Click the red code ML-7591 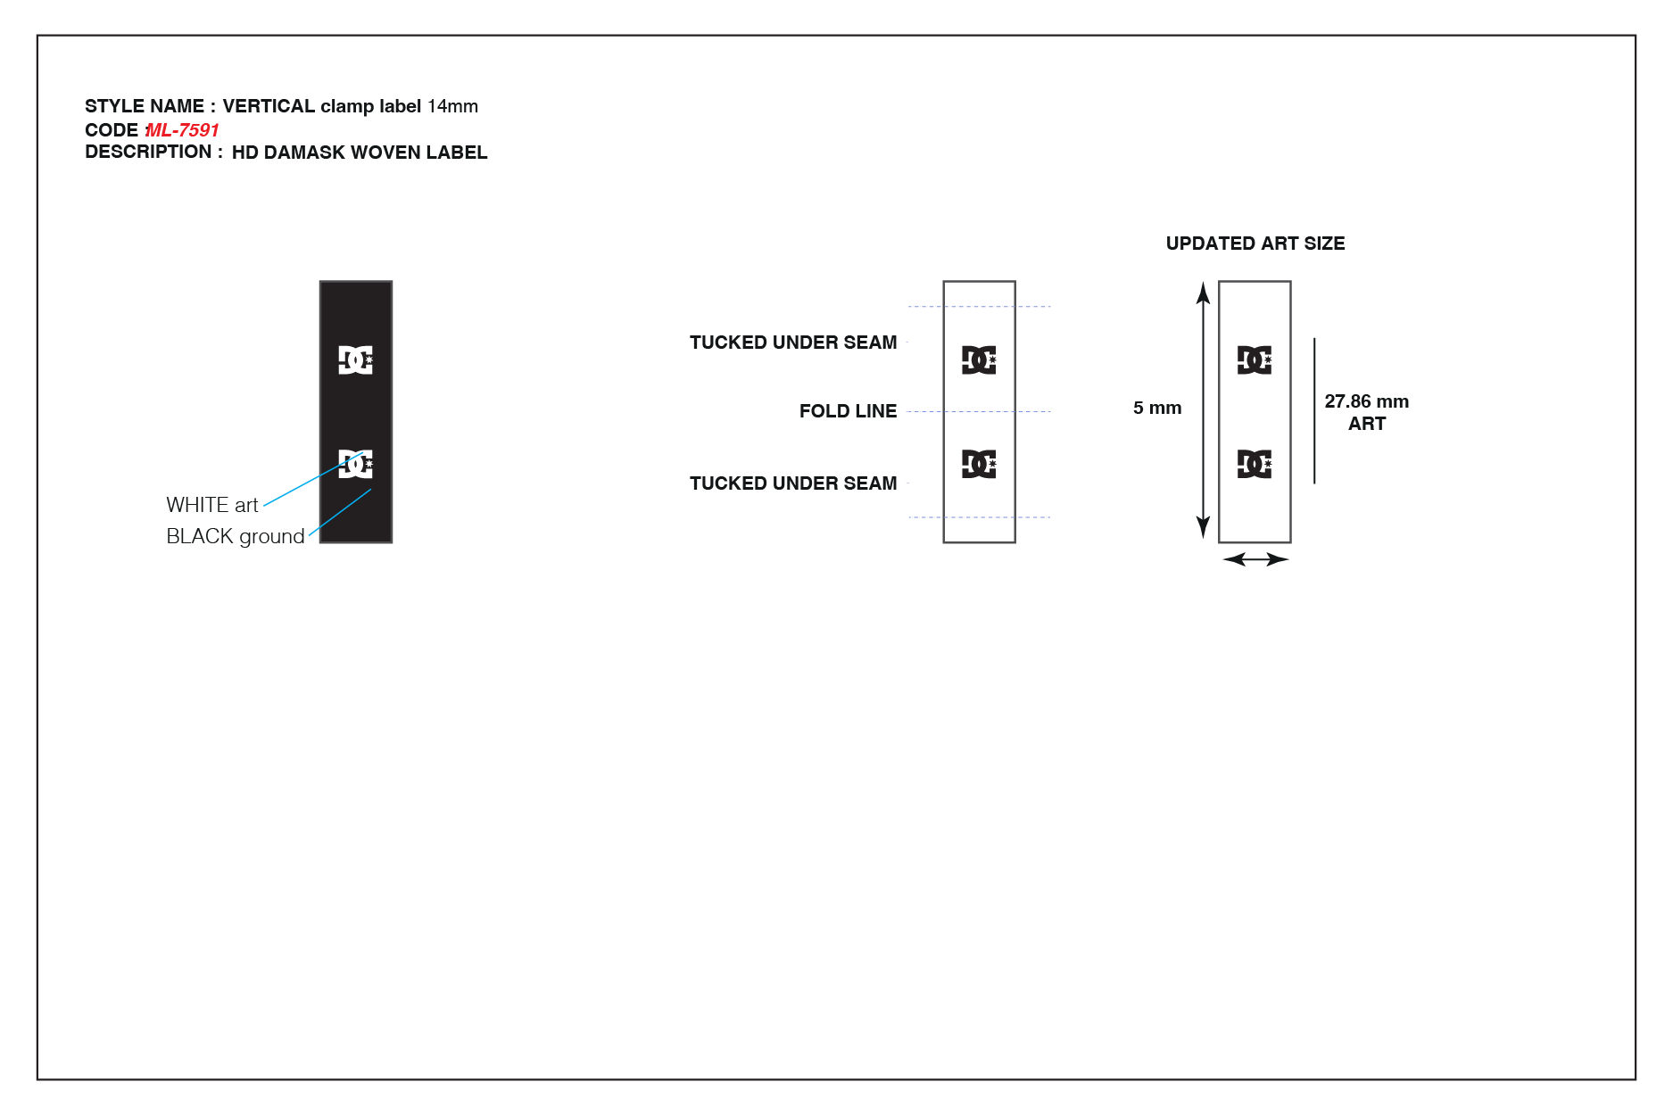tap(182, 130)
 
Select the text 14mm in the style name tap(452, 106)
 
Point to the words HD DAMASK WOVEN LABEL tap(360, 153)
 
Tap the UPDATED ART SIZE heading tap(1255, 244)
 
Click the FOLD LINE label tap(848, 411)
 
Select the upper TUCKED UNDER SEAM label tap(793, 343)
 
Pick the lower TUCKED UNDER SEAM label tap(793, 483)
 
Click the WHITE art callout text tap(212, 505)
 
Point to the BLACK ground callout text tap(236, 536)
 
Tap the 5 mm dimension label tap(1157, 408)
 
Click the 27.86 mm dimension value tap(1367, 401)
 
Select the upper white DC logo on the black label tap(356, 359)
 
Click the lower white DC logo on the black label tap(356, 464)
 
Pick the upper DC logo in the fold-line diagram tap(979, 359)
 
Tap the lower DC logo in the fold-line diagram tap(979, 464)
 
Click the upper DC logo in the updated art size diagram tap(1255, 359)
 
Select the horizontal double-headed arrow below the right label tap(1255, 559)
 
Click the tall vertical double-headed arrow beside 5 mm tap(1203, 410)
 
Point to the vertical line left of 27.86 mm tap(1314, 410)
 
